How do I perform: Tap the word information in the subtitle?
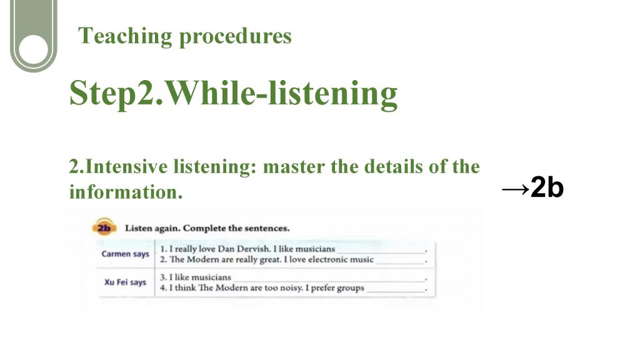[x=126, y=192]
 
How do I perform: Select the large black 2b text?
[x=547, y=187]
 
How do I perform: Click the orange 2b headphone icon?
[x=104, y=227]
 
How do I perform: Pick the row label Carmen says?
[x=125, y=254]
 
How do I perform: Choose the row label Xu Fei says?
[x=125, y=282]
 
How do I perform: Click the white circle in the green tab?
[x=34, y=49]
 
